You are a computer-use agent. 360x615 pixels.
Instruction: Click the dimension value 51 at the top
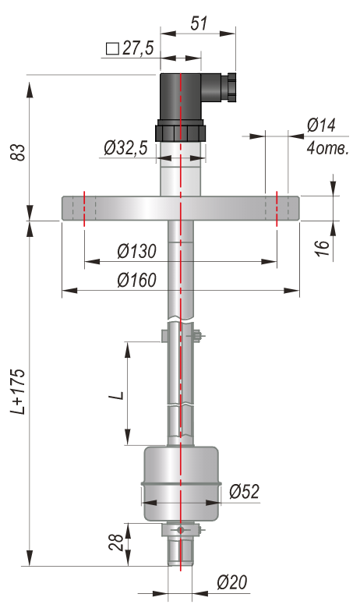point(199,23)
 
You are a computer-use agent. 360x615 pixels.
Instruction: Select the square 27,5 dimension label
point(130,48)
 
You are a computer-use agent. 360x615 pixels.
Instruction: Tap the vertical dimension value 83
point(18,152)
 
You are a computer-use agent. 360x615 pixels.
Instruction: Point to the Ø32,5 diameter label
point(125,148)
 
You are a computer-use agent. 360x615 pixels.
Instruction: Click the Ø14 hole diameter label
point(322,125)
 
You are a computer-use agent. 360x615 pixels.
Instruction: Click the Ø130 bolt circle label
point(137,251)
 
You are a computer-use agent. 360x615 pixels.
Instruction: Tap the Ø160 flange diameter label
point(137,280)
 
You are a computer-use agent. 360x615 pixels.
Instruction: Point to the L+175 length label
point(18,391)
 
